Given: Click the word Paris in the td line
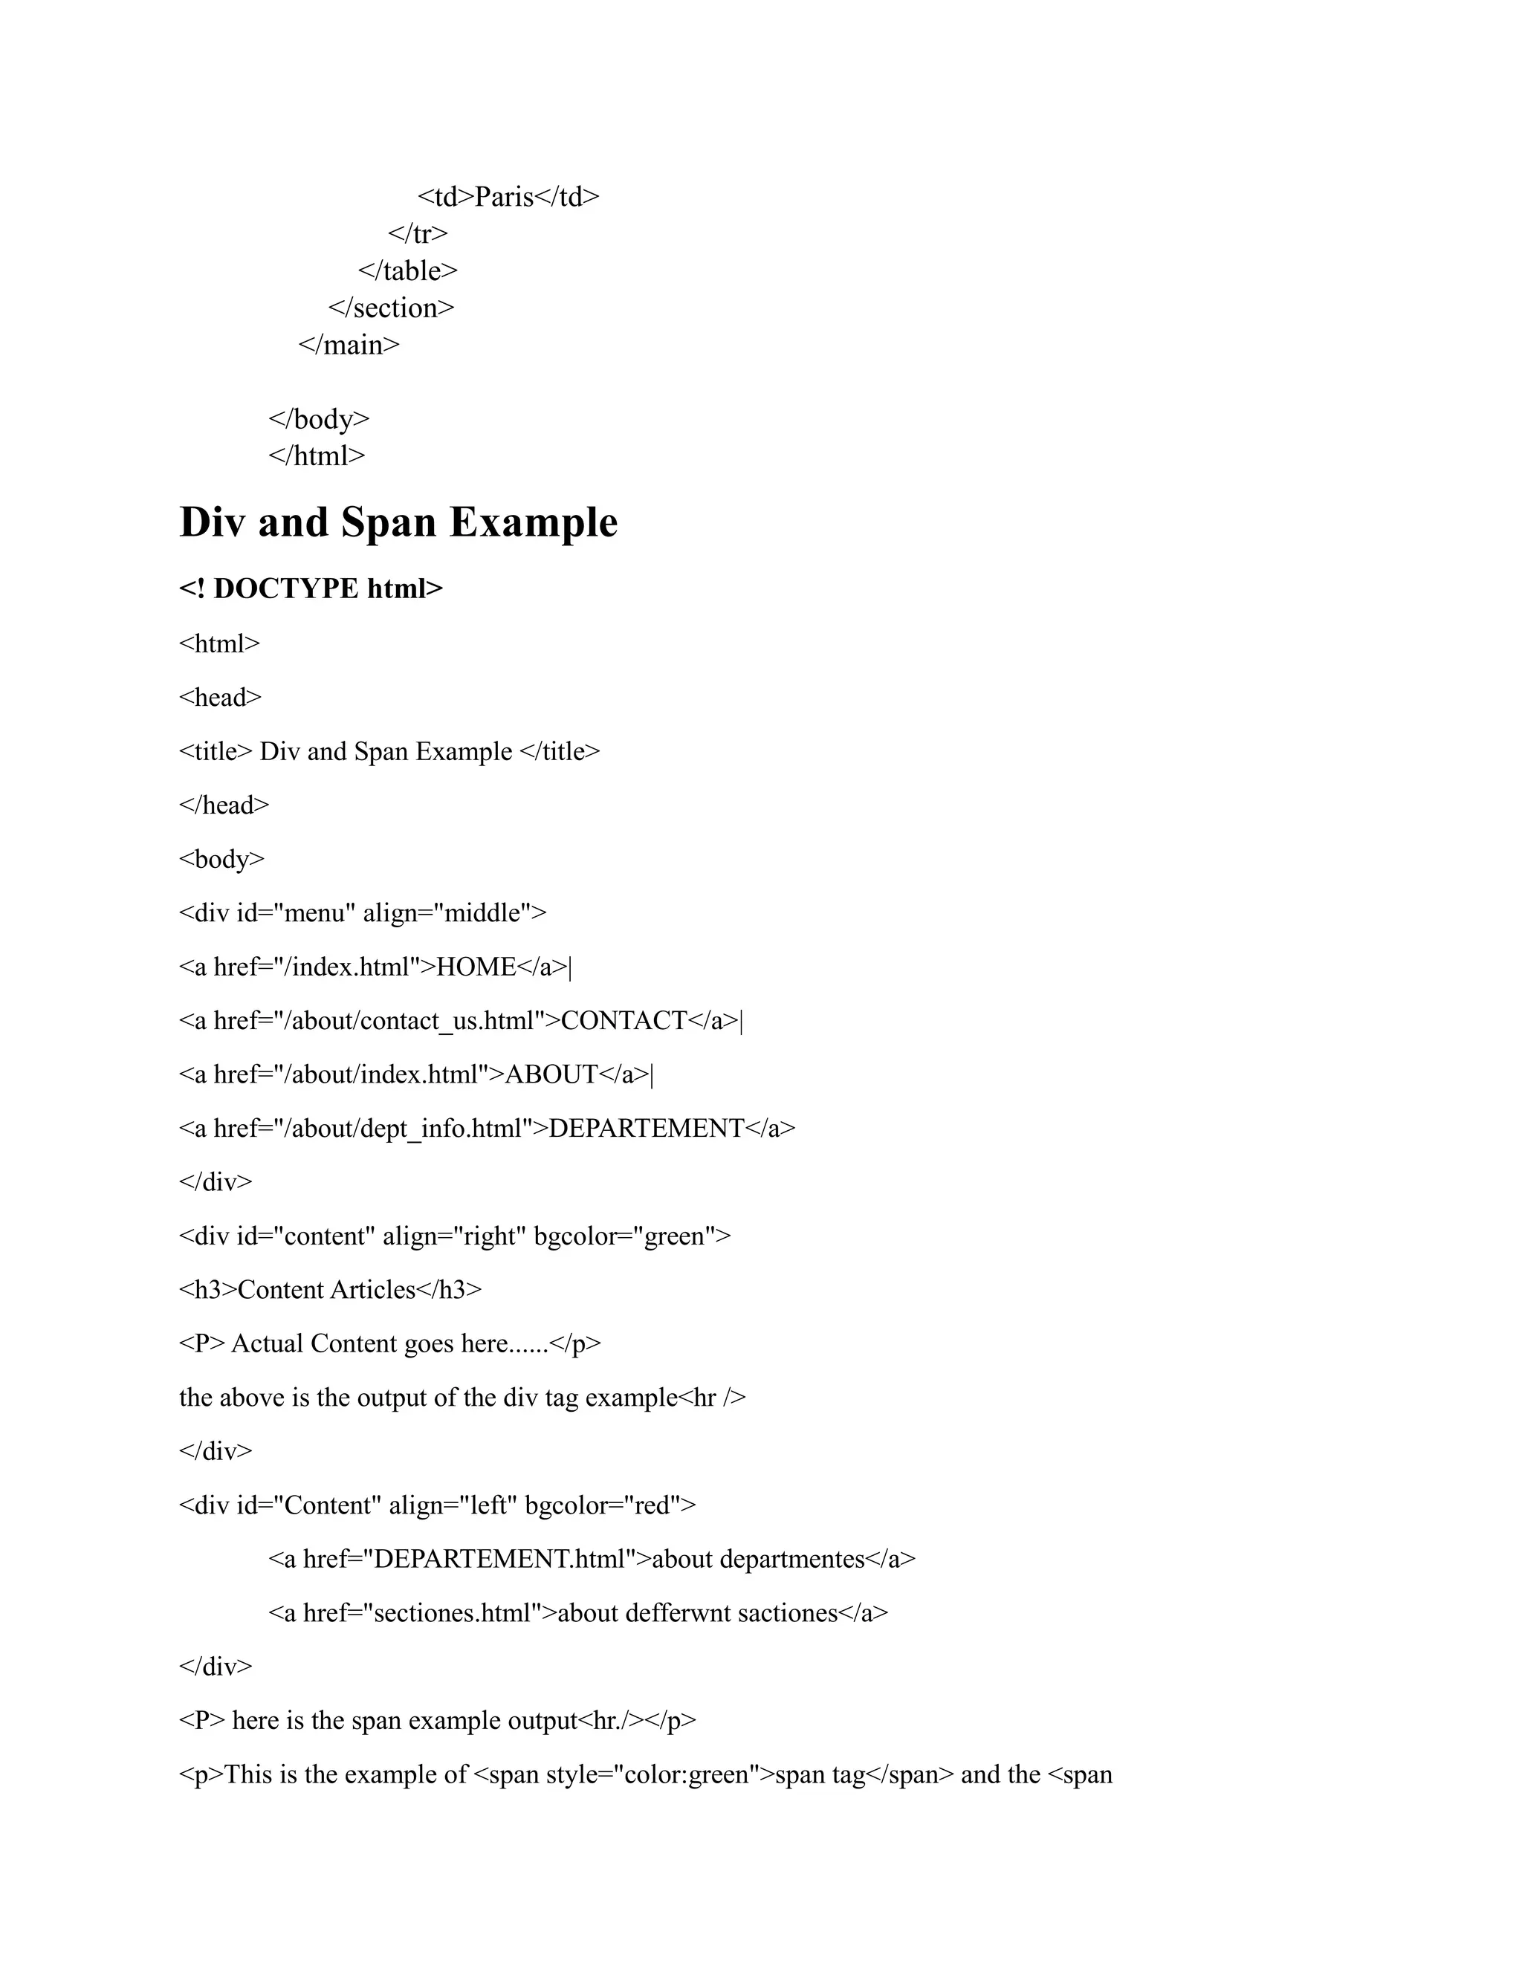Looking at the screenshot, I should tap(504, 197).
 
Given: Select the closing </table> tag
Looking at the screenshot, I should tap(407, 270).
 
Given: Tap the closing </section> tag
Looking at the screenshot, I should tap(392, 308).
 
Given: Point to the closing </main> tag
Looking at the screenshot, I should tap(349, 345).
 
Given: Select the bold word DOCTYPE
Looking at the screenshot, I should tap(286, 588).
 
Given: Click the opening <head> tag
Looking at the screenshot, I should tap(220, 697).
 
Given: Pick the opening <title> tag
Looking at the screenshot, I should tap(216, 751).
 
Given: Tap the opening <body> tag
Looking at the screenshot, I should tap(221, 858).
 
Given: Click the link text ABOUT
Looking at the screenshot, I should tap(551, 1074).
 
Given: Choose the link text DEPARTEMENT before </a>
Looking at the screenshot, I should tap(647, 1129).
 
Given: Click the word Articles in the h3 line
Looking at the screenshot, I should tap(372, 1290).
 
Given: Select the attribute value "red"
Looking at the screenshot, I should tap(651, 1505).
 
